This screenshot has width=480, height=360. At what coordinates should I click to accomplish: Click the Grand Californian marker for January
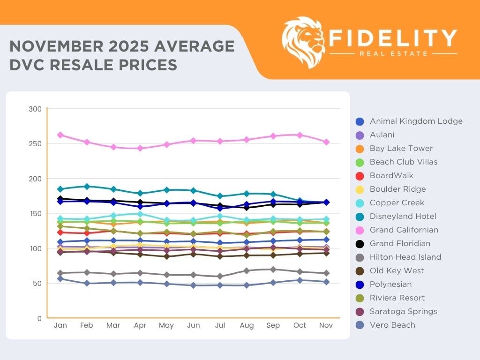click(x=60, y=135)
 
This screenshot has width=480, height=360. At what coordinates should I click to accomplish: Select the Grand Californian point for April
click(x=140, y=148)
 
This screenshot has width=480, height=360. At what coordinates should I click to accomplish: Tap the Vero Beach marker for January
click(x=60, y=278)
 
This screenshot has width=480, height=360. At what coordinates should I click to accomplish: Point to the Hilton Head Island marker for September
click(x=273, y=270)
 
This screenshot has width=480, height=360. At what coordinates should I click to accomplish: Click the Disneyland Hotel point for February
click(x=87, y=187)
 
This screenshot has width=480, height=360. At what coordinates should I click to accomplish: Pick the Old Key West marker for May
click(x=166, y=256)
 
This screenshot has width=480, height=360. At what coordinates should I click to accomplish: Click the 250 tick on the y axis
click(x=37, y=144)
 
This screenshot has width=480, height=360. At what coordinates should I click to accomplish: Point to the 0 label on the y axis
click(x=39, y=318)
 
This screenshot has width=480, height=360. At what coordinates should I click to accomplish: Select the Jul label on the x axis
click(x=220, y=325)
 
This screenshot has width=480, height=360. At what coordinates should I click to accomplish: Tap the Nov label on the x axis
click(x=326, y=325)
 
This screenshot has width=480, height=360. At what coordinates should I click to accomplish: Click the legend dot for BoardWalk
click(x=359, y=176)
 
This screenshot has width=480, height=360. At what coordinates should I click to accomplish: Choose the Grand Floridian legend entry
click(x=400, y=244)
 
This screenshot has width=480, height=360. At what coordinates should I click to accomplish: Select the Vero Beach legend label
click(x=392, y=325)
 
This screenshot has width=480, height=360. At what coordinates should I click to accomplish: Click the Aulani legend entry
click(x=382, y=135)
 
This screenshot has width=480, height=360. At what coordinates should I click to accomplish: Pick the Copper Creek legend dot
click(x=359, y=203)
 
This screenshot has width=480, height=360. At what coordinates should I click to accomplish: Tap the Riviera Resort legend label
click(x=397, y=298)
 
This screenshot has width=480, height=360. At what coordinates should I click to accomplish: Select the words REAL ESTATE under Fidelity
click(x=394, y=53)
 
